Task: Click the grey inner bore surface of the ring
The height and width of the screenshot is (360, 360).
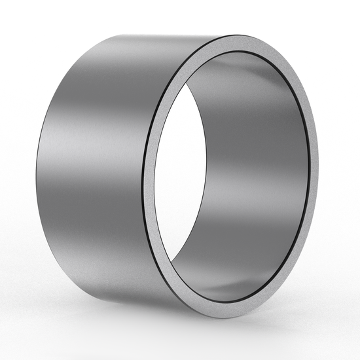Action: pyautogui.click(x=262, y=164)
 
